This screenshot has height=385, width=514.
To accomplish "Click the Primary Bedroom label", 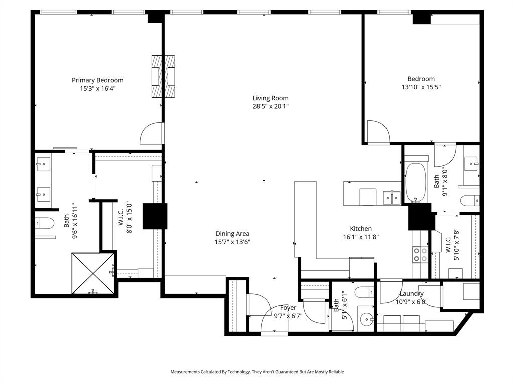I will click(97, 80).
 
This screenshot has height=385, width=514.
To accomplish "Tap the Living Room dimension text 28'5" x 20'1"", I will click(271, 106).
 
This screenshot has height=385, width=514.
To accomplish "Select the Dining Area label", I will click(232, 234).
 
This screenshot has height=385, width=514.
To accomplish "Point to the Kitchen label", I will click(361, 229).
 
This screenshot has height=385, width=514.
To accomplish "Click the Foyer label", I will click(288, 308).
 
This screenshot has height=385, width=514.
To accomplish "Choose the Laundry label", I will click(411, 294).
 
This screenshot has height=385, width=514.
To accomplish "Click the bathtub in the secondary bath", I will click(416, 181).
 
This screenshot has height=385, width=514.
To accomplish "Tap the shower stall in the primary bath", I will click(93, 273).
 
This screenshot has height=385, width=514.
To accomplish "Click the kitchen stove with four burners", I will click(420, 255).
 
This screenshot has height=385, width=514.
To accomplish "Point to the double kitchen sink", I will click(392, 197).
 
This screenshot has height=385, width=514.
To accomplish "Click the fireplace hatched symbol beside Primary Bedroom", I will click(164, 76).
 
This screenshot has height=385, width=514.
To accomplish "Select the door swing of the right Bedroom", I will click(377, 132).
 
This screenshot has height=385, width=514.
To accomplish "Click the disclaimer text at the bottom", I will click(257, 372).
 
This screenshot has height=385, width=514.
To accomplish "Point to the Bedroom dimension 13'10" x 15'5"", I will click(421, 87).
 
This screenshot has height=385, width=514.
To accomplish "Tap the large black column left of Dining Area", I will click(154, 216).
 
